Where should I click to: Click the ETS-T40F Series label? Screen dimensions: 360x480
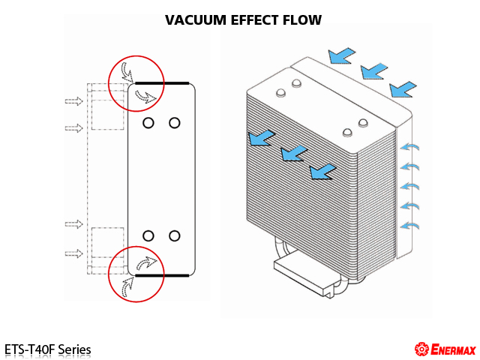point(47,349)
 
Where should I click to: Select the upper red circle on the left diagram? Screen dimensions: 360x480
point(136,82)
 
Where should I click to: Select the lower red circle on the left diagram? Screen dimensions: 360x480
point(136,273)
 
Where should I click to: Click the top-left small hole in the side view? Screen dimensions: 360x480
point(148,122)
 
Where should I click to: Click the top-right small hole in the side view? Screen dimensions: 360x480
point(175,122)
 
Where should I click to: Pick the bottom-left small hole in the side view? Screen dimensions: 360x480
point(148,235)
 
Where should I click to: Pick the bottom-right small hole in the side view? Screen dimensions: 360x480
point(175,235)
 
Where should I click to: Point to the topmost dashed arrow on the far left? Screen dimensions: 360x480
point(73,100)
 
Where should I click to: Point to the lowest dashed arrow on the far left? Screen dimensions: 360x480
point(73,253)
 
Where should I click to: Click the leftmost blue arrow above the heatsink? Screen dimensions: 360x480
point(343,55)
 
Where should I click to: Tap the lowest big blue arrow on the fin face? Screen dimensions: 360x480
point(322,171)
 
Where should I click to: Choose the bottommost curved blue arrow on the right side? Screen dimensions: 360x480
point(409,224)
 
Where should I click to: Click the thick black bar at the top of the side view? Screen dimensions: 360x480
point(162,82)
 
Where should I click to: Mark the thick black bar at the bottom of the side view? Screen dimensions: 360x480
point(162,275)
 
